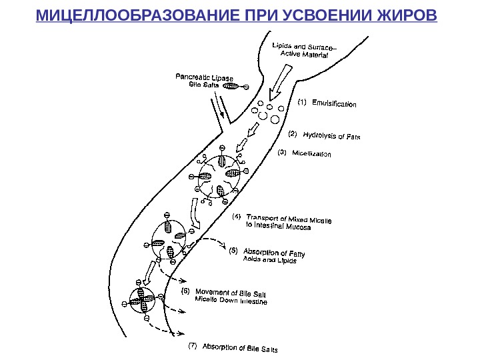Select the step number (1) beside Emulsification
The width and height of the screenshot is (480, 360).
coord(302,103)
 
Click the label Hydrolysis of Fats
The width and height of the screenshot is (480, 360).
coord(331,135)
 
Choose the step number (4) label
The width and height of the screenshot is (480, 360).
coord(237,217)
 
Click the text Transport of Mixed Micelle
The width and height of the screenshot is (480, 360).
coord(289,219)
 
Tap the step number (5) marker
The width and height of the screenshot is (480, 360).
coord(234,251)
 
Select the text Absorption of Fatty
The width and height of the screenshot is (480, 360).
coord(275,253)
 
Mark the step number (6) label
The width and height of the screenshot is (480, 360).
coord(186,291)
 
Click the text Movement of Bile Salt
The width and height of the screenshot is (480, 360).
coord(230,293)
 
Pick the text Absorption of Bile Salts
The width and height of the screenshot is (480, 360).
coord(239,348)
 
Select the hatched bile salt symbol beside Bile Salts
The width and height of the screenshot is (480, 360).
coord(231,86)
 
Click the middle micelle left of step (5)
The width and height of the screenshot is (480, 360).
coord(167,236)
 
